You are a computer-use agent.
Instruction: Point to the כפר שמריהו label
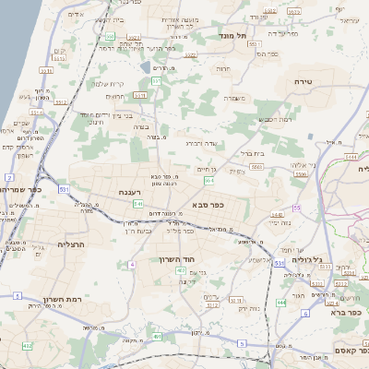(20, 188)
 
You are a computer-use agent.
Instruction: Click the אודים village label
(76, 15)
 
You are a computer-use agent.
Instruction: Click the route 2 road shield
(9, 176)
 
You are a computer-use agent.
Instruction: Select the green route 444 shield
(281, 302)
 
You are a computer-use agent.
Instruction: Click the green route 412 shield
(27, 346)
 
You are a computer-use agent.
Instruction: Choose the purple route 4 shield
(132, 265)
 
